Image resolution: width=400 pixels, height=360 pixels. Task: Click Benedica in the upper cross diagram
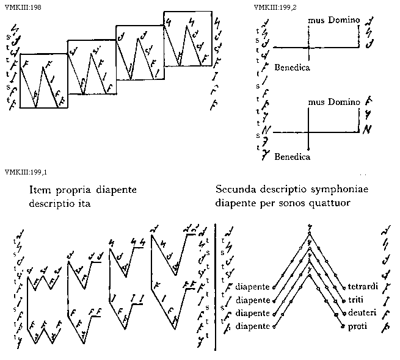pos(293,67)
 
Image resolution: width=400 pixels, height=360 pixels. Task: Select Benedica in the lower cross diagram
pos(293,157)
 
